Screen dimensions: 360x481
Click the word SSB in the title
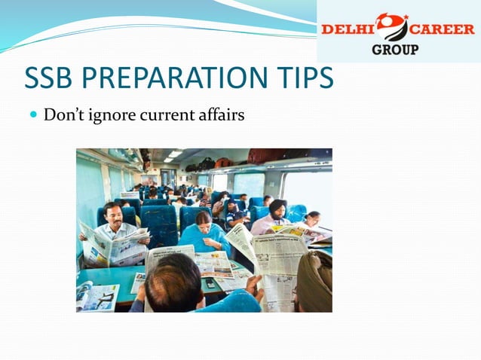(51, 78)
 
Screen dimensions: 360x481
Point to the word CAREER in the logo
(443, 29)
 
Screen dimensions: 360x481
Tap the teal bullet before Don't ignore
(32, 115)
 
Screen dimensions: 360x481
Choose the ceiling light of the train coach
(175, 154)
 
